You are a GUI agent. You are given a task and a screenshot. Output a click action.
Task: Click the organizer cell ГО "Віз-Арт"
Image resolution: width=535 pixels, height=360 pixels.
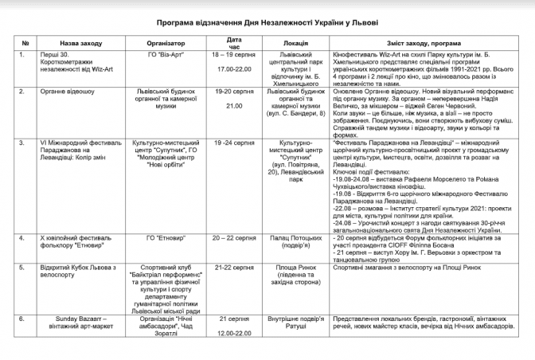pyautogui.click(x=166, y=56)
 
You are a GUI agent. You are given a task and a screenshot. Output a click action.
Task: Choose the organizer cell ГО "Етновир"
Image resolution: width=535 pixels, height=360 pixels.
pyautogui.click(x=166, y=238)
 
